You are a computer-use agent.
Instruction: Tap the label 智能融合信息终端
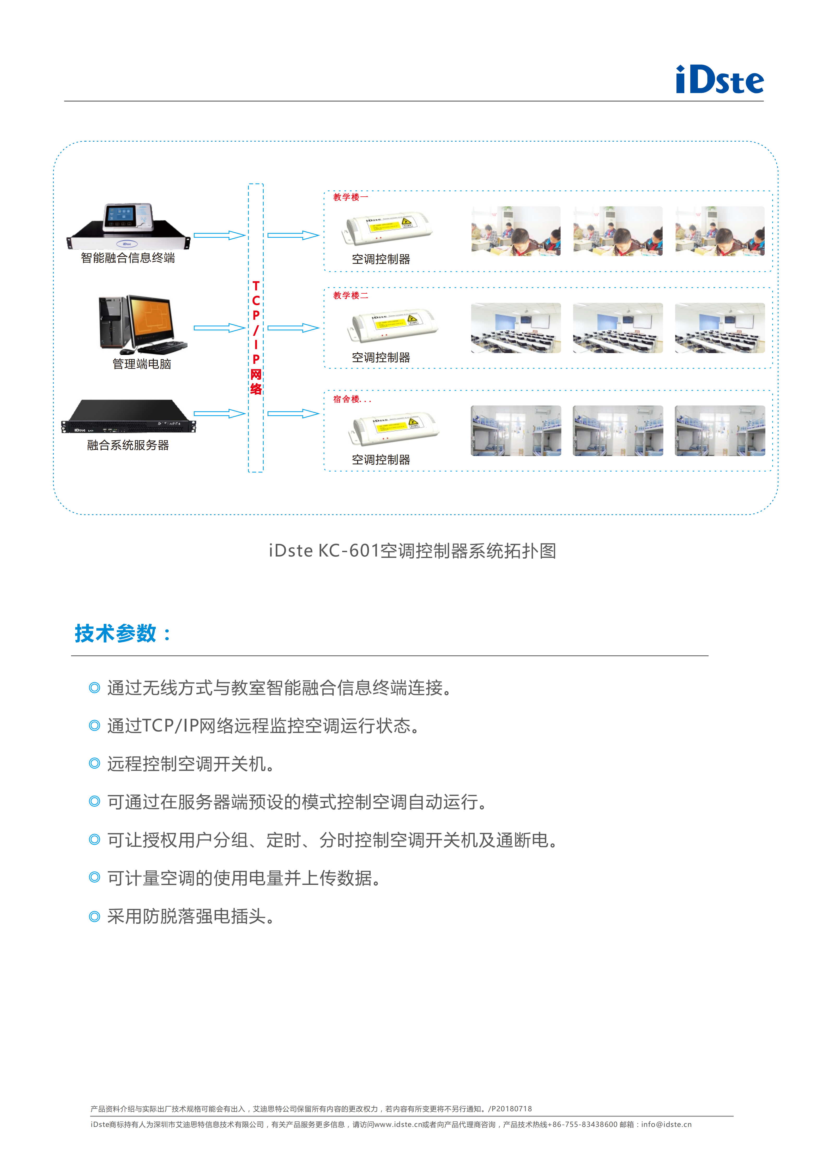128,258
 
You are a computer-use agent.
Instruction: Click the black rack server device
129,416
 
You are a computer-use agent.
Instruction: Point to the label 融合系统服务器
128,445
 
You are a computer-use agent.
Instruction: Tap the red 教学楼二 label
351,295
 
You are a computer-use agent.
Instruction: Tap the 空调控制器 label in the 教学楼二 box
381,358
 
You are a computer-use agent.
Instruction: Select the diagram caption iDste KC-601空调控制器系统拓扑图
413,551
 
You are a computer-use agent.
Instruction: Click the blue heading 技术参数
116,633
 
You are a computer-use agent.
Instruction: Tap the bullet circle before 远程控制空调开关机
94,763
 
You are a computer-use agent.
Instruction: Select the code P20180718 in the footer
512,1109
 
